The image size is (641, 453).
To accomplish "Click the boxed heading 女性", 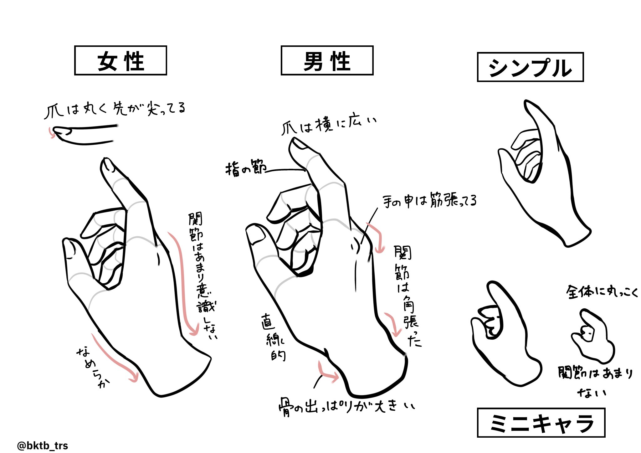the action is point(121,61).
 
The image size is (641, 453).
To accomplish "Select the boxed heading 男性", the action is point(327,61).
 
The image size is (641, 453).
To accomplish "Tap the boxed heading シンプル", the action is point(530,67).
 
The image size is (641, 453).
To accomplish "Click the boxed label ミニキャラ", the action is point(541,423).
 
